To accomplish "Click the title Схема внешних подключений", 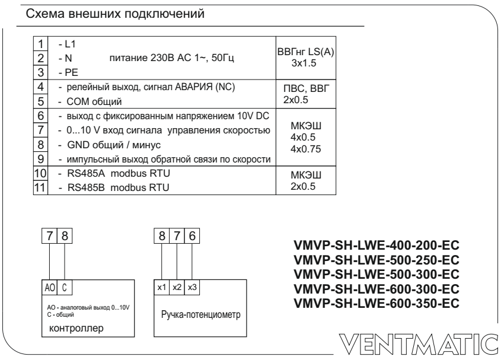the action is (x=114, y=14).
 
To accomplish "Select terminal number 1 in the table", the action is (x=40, y=44).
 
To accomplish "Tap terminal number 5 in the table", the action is (x=40, y=101).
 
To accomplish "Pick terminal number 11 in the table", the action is (x=40, y=187).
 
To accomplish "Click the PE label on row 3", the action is (x=71, y=72).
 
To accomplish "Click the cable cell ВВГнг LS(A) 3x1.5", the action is (x=306, y=58).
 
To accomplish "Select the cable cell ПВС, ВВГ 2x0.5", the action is (x=306, y=94).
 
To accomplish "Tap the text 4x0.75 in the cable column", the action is (x=305, y=149).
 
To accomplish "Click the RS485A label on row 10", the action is (x=86, y=173).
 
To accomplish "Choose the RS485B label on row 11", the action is (x=86, y=187).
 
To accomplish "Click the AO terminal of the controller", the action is (x=50, y=288).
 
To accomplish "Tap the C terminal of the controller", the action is (x=65, y=288).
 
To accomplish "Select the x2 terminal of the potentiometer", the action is (x=177, y=287).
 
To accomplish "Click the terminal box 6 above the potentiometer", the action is (x=192, y=236).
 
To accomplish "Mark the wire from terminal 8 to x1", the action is (x=162, y=262).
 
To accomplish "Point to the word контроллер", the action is (x=76, y=329).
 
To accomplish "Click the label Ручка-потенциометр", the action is (x=200, y=314).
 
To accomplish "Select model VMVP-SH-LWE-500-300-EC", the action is (x=376, y=275).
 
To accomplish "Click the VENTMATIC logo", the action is (x=419, y=345).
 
